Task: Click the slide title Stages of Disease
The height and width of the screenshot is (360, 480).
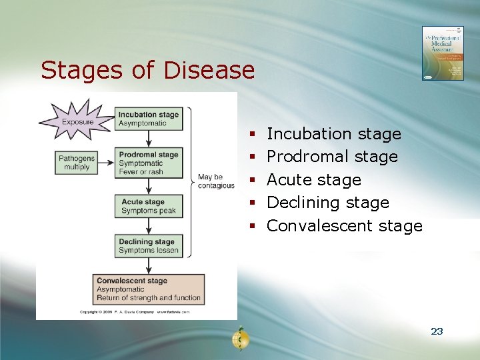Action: [x=147, y=70]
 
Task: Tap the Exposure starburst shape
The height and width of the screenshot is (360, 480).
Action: [x=77, y=121]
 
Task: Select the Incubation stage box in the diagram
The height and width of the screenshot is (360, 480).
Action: [x=149, y=119]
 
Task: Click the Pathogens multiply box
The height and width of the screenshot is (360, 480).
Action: [x=77, y=163]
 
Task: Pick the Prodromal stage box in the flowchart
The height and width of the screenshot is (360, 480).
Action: [x=149, y=163]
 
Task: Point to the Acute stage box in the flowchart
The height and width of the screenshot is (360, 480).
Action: [x=149, y=206]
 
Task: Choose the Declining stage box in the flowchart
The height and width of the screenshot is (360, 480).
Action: [x=149, y=246]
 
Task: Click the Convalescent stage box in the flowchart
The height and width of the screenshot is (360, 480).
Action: [x=148, y=289]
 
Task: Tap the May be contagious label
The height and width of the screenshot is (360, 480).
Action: [x=215, y=181]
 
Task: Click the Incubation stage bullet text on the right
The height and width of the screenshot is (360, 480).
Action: [x=333, y=134]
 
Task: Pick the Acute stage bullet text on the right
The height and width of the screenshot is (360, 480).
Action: [x=313, y=180]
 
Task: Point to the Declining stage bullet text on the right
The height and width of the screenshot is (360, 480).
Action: [x=327, y=203]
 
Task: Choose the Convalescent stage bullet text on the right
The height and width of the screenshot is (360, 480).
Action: [x=344, y=226]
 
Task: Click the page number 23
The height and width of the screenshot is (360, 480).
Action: [x=437, y=331]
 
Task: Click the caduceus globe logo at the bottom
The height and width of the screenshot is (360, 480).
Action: [x=240, y=339]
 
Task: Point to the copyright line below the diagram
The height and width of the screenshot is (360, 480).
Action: [x=135, y=312]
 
